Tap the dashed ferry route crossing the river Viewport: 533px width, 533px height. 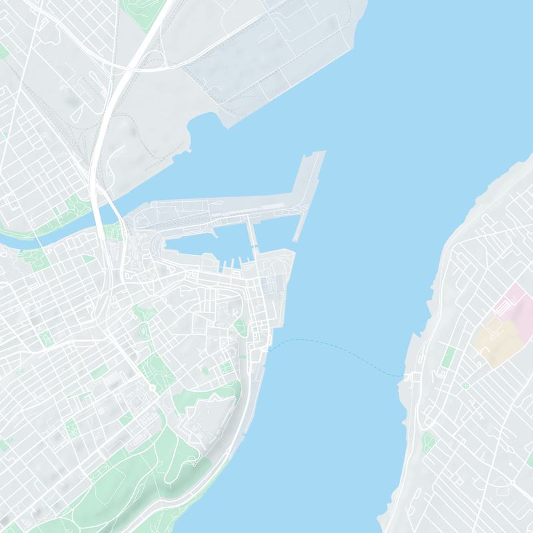[333, 346]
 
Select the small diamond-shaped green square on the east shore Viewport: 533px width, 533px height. [464, 385]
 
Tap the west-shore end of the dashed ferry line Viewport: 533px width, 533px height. [269, 347]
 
